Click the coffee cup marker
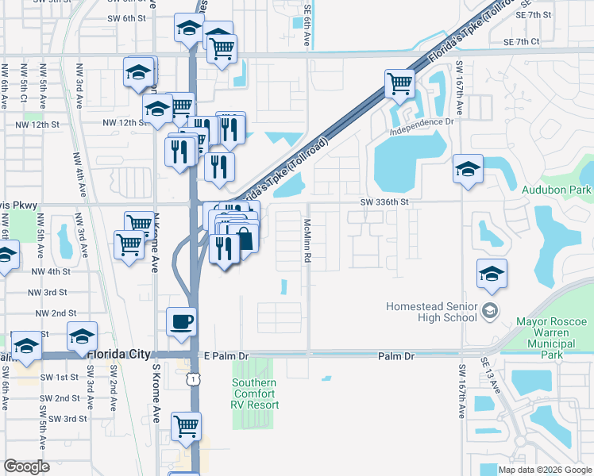coord(180,321)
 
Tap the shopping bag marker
coord(245,239)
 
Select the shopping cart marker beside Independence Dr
coord(399,83)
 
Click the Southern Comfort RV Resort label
coord(254,393)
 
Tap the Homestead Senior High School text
coord(431,312)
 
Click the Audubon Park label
coord(556,190)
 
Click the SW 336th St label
coord(382,202)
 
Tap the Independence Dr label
coord(426,122)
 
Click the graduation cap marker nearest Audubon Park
coord(468,169)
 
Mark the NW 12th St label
coord(125,124)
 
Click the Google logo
coord(26,466)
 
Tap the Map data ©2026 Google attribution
coord(545,470)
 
